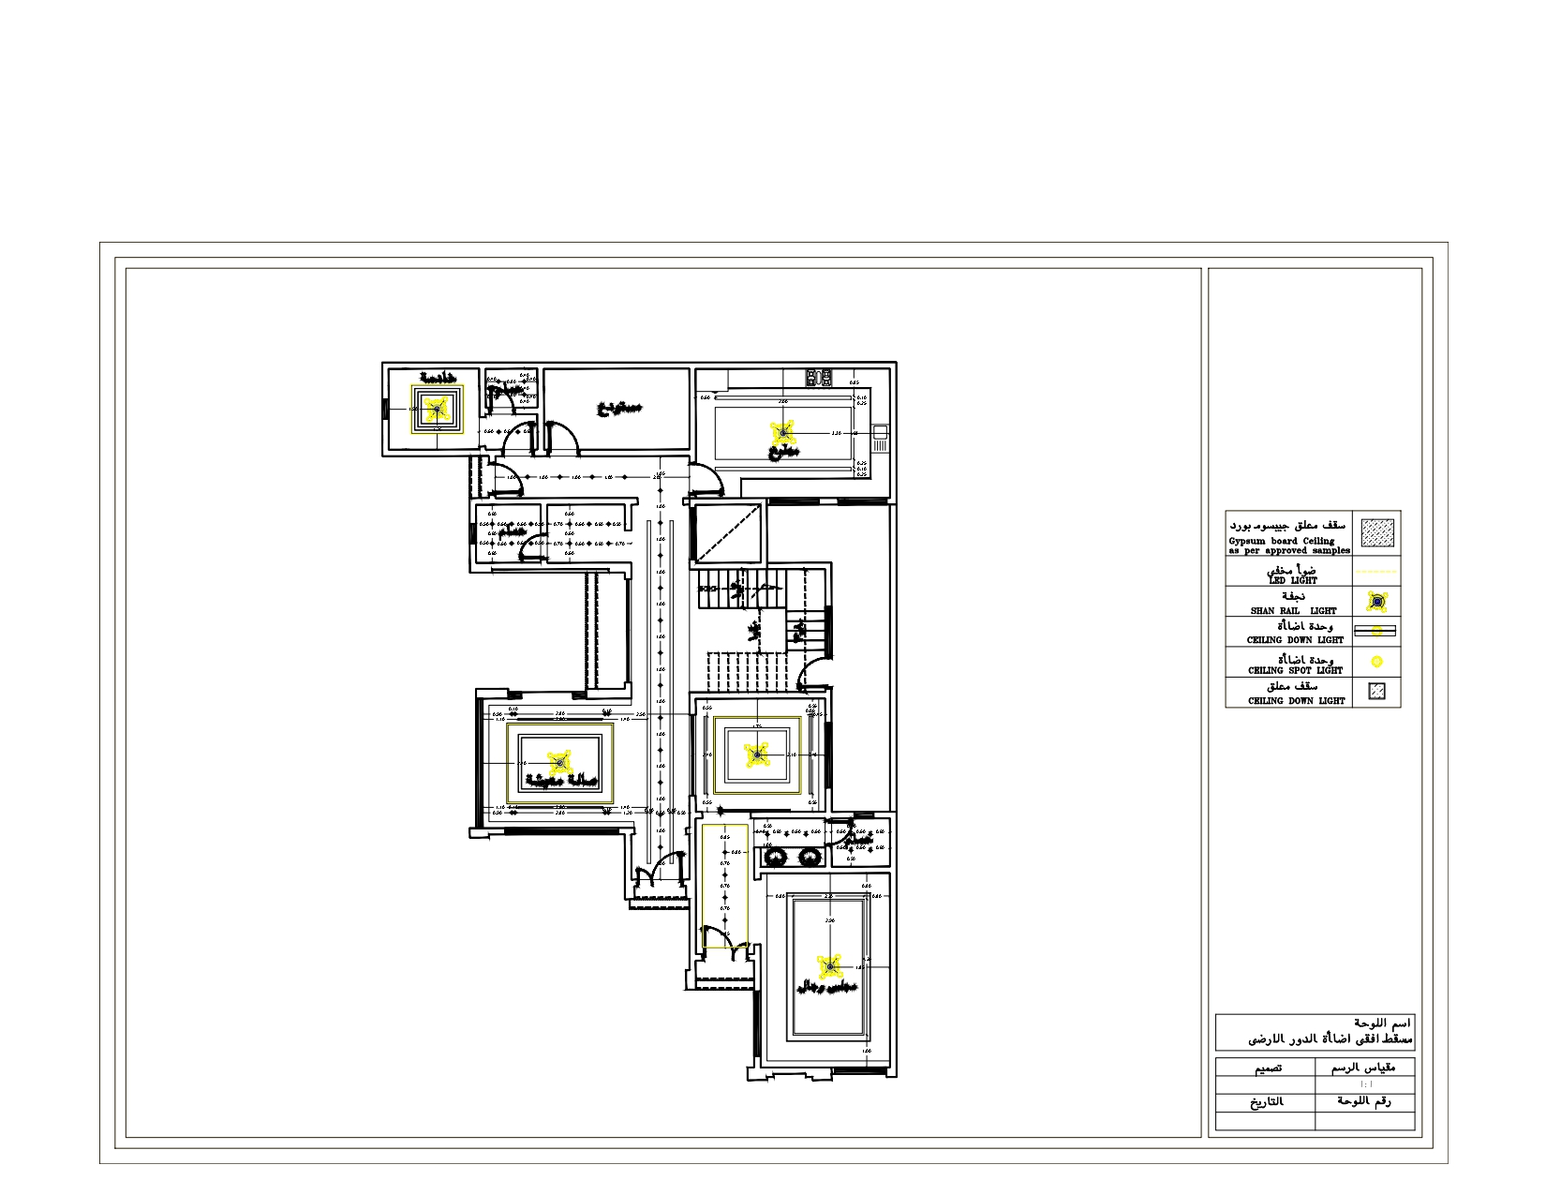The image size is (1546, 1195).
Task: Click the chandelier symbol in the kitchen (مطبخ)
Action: (783, 432)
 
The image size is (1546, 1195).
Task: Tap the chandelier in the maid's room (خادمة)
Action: (435, 409)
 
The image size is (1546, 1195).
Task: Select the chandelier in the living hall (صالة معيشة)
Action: (559, 761)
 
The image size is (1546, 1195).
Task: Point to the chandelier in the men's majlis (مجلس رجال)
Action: (828, 967)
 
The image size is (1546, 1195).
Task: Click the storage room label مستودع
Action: (619, 409)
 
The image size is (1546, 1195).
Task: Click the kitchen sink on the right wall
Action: (880, 432)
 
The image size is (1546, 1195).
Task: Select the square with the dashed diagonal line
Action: (728, 533)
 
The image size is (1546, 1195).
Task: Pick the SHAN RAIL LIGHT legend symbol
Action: (1376, 602)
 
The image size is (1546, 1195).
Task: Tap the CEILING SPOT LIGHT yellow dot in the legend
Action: (1376, 662)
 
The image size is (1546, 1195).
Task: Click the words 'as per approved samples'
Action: (1289, 551)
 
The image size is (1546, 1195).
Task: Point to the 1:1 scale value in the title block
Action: (1365, 1084)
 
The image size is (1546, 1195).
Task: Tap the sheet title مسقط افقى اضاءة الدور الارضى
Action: (1330, 1039)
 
